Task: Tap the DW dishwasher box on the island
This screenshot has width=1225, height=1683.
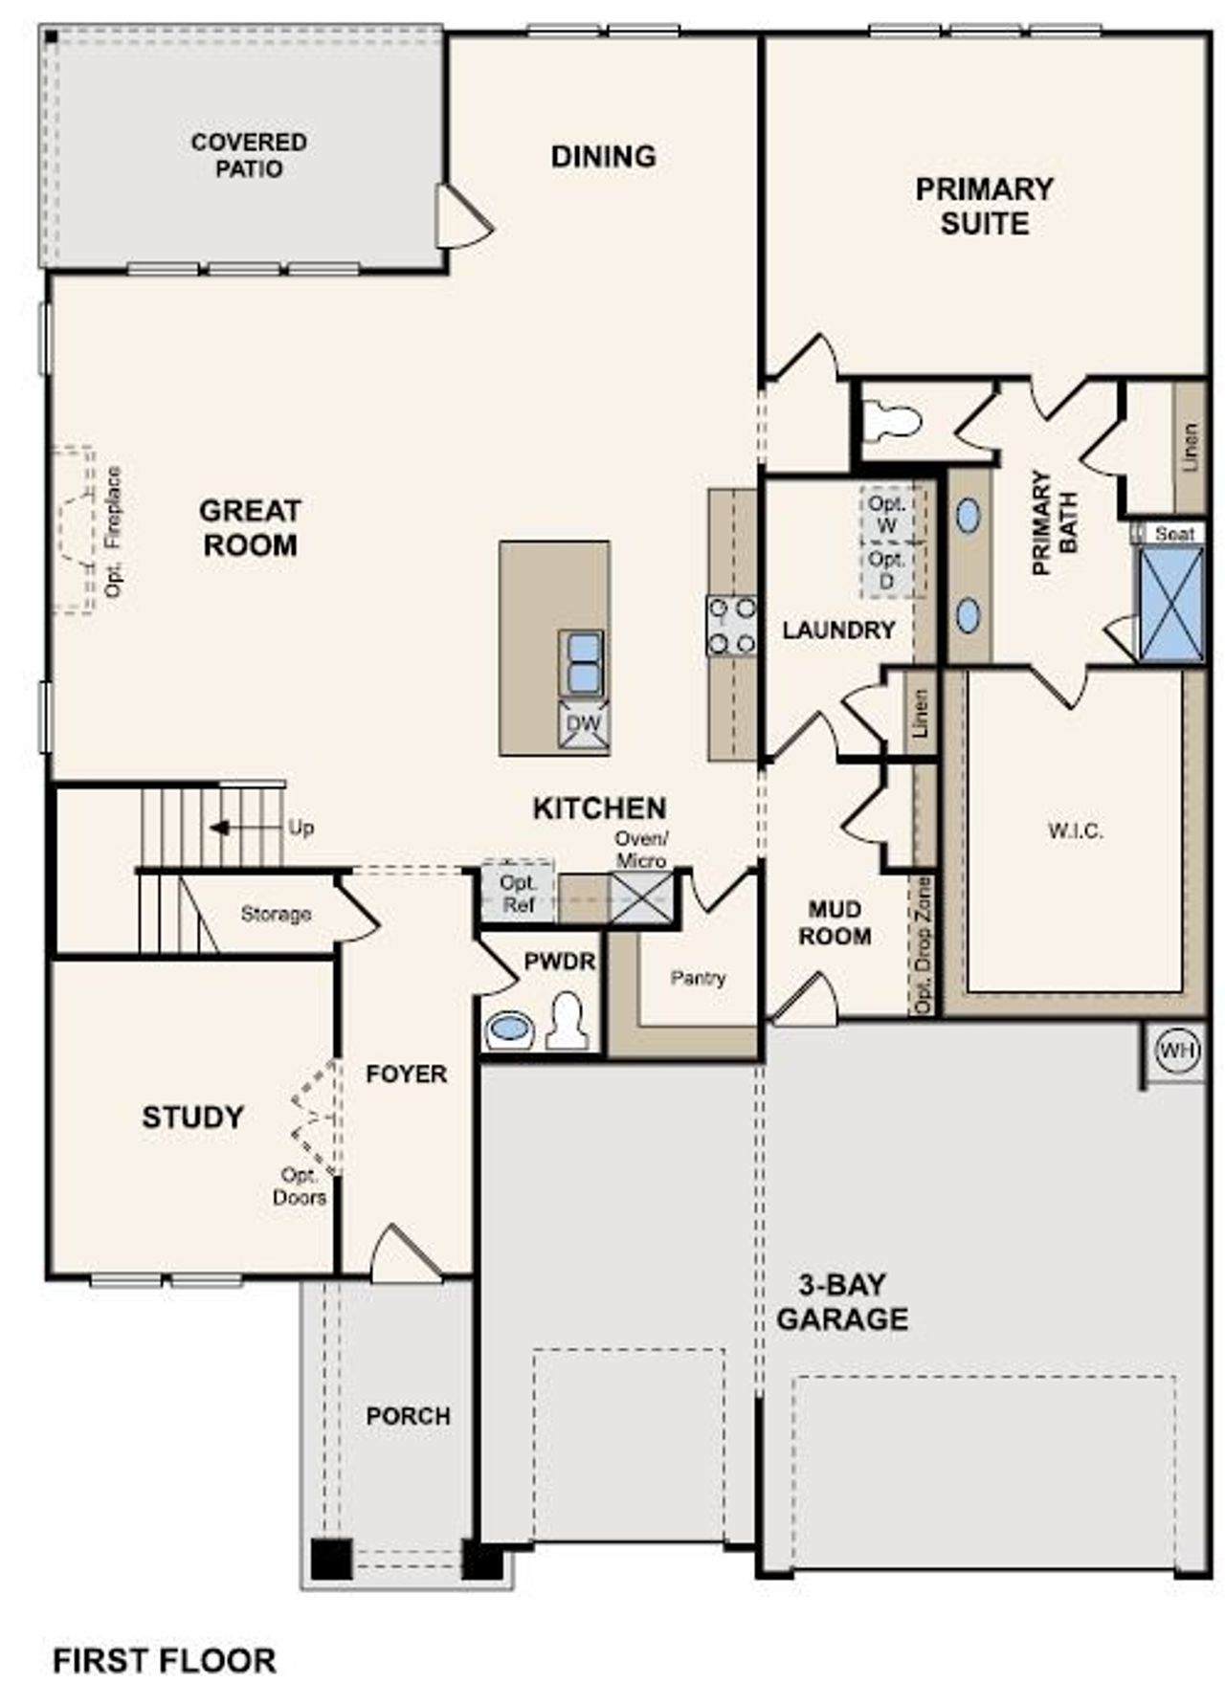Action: pos(583,724)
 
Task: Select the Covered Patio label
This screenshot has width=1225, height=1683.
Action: pos(249,155)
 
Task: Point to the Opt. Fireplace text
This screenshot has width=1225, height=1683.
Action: pos(114,532)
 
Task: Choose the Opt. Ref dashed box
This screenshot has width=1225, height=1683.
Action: pos(518,892)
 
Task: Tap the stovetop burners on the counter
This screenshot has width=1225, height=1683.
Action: pos(731,626)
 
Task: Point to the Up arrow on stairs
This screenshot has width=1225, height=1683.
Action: pos(220,828)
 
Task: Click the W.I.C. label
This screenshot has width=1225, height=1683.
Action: pos(1075,830)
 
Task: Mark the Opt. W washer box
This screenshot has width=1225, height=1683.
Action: pos(887,514)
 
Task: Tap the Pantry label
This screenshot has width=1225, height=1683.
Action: pos(698,978)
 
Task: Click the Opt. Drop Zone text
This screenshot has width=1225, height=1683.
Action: pos(923,944)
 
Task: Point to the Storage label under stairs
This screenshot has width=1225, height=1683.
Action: pos(276,914)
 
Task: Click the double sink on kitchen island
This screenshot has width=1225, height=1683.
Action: pos(582,662)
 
